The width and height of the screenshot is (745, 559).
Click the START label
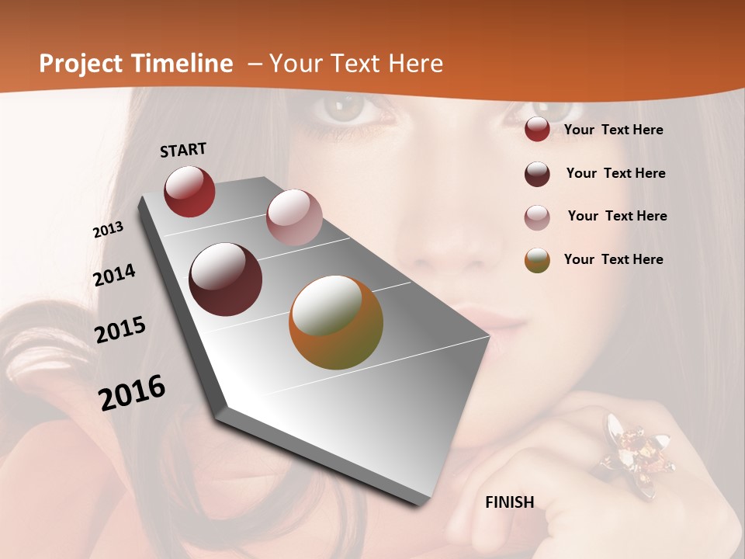183,150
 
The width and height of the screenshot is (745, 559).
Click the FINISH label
510,502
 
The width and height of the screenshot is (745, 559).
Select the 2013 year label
108,230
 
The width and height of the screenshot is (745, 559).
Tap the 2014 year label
114,276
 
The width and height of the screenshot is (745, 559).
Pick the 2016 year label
132,393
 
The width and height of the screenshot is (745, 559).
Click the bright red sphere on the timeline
189,191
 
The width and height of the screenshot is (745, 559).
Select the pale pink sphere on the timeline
294,217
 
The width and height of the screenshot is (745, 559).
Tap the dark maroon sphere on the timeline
226,279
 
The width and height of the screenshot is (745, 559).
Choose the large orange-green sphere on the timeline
336,322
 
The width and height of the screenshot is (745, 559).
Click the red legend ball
537,130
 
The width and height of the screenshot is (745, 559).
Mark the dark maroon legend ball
537,174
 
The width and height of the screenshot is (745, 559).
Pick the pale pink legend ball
537,217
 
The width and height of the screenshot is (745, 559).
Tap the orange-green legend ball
537,261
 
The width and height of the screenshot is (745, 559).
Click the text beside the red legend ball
613,130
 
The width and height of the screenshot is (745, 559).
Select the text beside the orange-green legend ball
613,259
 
